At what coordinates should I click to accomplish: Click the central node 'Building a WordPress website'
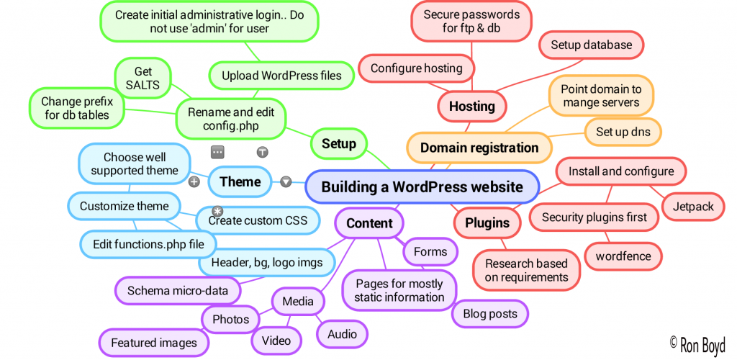point(422,187)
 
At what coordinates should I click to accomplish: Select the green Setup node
point(338,143)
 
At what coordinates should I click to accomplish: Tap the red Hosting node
point(471,107)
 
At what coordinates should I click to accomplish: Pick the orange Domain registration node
point(479,148)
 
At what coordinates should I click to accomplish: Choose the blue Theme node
point(240,181)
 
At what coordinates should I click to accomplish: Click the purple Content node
point(369,223)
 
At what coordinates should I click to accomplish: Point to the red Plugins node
point(487,222)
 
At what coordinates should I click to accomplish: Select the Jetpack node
point(693,207)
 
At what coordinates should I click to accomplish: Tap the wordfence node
point(623,256)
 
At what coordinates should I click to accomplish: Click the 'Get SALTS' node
point(143,78)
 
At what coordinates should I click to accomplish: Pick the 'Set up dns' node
point(623,132)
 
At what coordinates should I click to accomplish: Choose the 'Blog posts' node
point(489,314)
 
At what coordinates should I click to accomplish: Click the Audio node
point(342,334)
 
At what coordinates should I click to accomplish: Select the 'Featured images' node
point(154,343)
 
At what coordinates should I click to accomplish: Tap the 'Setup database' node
point(591,45)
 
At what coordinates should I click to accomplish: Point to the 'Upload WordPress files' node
point(281,75)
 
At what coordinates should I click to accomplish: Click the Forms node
point(430,252)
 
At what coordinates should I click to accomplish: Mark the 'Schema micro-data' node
point(177,291)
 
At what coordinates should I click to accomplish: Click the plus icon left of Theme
point(194,182)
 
